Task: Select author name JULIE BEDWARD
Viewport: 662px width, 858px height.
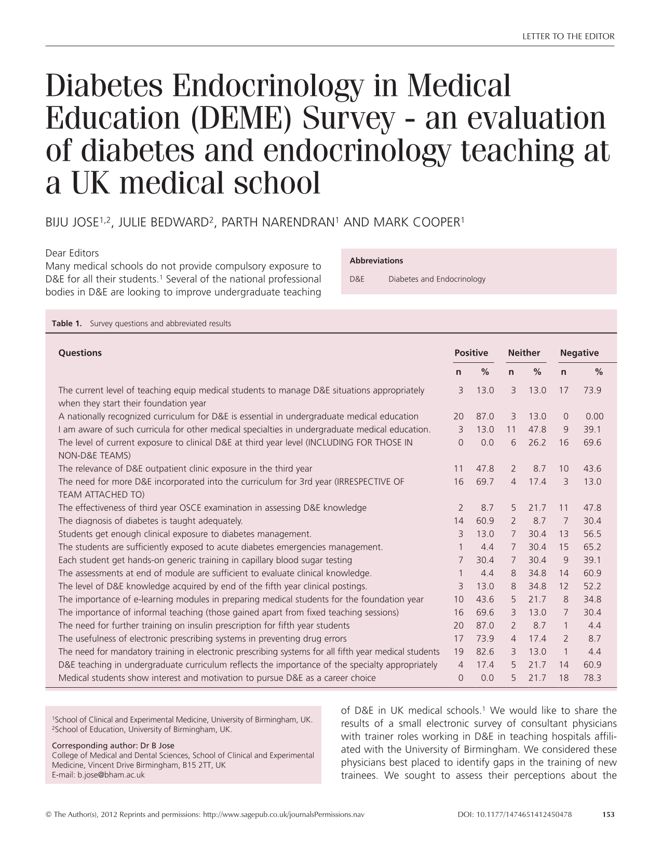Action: [163, 223]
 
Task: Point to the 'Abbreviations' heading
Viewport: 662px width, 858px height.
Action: [376, 261]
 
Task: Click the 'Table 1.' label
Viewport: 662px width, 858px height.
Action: [67, 323]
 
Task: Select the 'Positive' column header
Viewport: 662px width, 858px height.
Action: [471, 353]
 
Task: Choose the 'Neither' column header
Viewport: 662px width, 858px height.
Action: [524, 353]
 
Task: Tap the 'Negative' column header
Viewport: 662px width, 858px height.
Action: [579, 353]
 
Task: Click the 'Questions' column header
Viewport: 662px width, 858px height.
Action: [80, 353]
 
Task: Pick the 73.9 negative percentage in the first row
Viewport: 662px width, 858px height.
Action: [592, 390]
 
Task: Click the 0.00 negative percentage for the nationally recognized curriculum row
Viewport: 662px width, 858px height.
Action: [595, 416]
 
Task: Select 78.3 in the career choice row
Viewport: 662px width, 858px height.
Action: [592, 678]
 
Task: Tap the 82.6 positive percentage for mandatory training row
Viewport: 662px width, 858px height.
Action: [485, 651]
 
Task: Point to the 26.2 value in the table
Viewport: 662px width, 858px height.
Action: [537, 443]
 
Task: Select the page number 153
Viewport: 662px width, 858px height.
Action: [608, 814]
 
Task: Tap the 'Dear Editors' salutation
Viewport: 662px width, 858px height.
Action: [72, 253]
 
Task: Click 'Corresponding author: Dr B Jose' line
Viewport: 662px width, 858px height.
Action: [113, 746]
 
